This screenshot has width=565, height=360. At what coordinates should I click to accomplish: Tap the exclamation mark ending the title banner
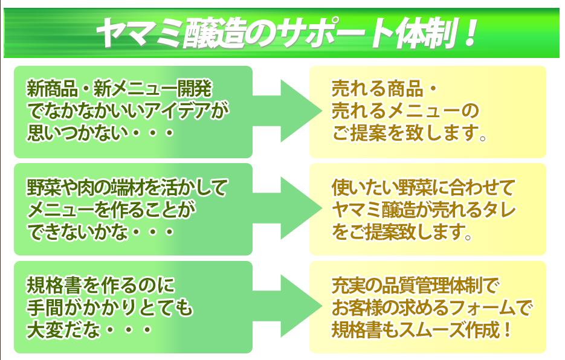[x=471, y=33]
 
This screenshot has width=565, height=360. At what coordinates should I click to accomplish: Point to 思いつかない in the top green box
[x=78, y=133]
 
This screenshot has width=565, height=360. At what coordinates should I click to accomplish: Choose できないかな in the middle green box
[x=78, y=232]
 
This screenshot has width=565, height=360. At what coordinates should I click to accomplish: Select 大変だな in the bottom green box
[x=63, y=330]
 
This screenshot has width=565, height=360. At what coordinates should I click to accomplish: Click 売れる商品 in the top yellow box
[x=377, y=89]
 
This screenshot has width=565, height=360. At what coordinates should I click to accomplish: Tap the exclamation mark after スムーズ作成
[x=508, y=330]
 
